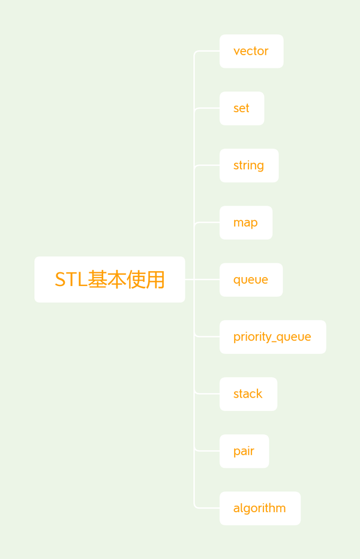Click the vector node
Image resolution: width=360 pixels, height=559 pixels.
[x=251, y=52]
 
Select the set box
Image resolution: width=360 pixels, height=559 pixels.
[x=242, y=109]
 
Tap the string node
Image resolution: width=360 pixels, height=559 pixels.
[x=249, y=166]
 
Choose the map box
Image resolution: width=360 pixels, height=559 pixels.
[x=246, y=223]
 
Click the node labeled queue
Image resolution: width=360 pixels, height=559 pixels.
[x=251, y=280]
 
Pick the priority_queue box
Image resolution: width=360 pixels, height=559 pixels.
[x=273, y=337]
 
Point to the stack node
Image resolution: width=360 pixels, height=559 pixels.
[x=248, y=394]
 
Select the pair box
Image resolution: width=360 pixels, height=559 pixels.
[x=244, y=451]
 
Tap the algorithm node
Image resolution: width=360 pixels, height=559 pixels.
[x=260, y=509]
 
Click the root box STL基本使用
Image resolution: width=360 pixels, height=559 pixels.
[x=110, y=279]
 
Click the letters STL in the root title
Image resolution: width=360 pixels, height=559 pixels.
[x=71, y=279]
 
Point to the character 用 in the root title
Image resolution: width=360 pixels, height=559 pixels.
[x=155, y=279]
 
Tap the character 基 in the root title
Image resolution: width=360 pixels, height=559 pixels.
[x=97, y=279]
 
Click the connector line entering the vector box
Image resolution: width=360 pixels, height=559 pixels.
[x=207, y=52]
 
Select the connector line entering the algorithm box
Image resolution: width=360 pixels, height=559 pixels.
[x=207, y=507]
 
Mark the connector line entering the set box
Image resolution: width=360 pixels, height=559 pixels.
[x=207, y=109]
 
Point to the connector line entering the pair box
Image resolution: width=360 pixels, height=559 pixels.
[x=207, y=450]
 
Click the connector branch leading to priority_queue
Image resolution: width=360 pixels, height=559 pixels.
[x=207, y=336]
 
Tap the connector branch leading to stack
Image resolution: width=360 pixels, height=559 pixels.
[x=207, y=393]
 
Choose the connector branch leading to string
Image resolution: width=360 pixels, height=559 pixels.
[x=207, y=166]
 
